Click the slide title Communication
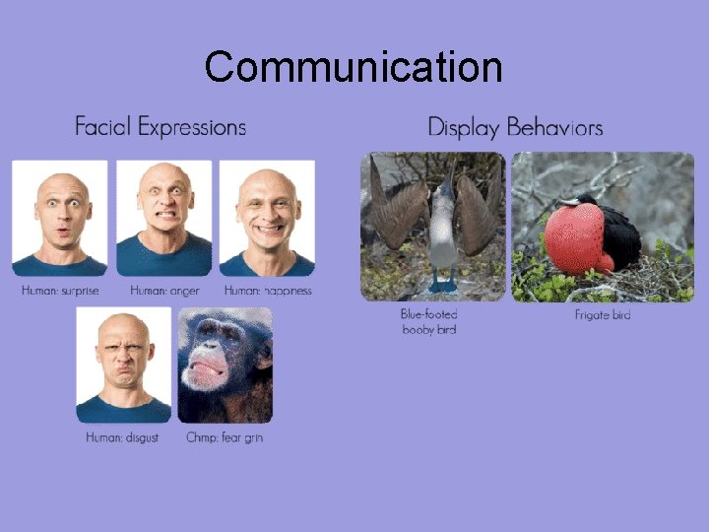(354, 67)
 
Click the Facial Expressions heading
(161, 127)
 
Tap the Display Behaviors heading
(515, 127)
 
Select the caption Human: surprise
(60, 291)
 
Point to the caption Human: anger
(164, 291)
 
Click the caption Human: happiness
(268, 291)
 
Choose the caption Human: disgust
(122, 437)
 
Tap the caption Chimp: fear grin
(225, 437)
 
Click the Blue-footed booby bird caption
(429, 321)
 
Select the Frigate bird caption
(603, 315)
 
